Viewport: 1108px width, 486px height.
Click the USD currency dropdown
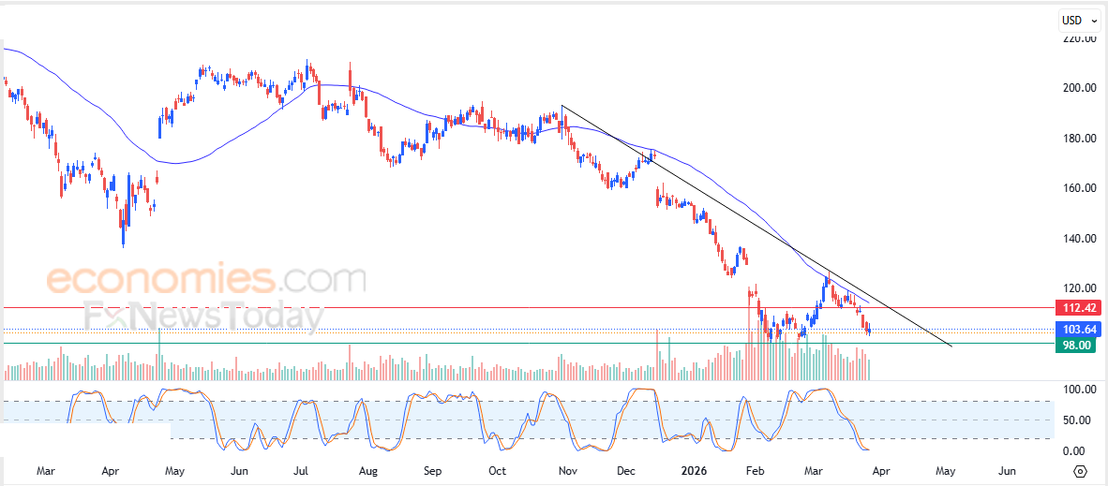pos(1074,20)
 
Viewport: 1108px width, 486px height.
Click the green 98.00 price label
pos(1076,345)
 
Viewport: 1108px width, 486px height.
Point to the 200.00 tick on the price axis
pos(1079,88)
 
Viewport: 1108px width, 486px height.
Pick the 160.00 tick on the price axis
pos(1079,188)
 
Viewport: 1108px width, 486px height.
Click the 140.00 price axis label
pos(1079,239)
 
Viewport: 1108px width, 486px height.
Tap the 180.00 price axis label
pos(1079,139)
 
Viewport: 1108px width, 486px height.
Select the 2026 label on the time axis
pos(694,470)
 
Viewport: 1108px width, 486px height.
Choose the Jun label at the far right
pos(1009,470)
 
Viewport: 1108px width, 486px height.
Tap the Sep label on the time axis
pos(432,470)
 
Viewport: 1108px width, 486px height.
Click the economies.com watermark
pos(206,279)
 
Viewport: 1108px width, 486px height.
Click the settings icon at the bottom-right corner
pos(1080,471)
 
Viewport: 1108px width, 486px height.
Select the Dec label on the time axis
pos(627,470)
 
